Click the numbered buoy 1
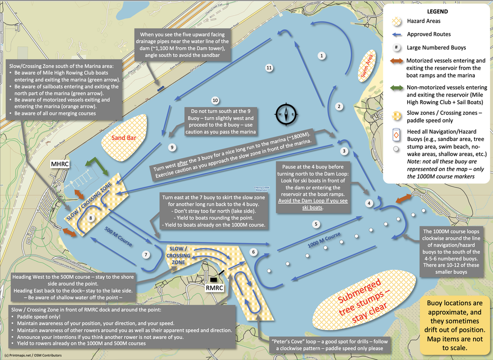[x=321, y=56]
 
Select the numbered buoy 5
[x=316, y=224]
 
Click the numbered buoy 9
[x=172, y=147]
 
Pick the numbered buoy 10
[x=214, y=100]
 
